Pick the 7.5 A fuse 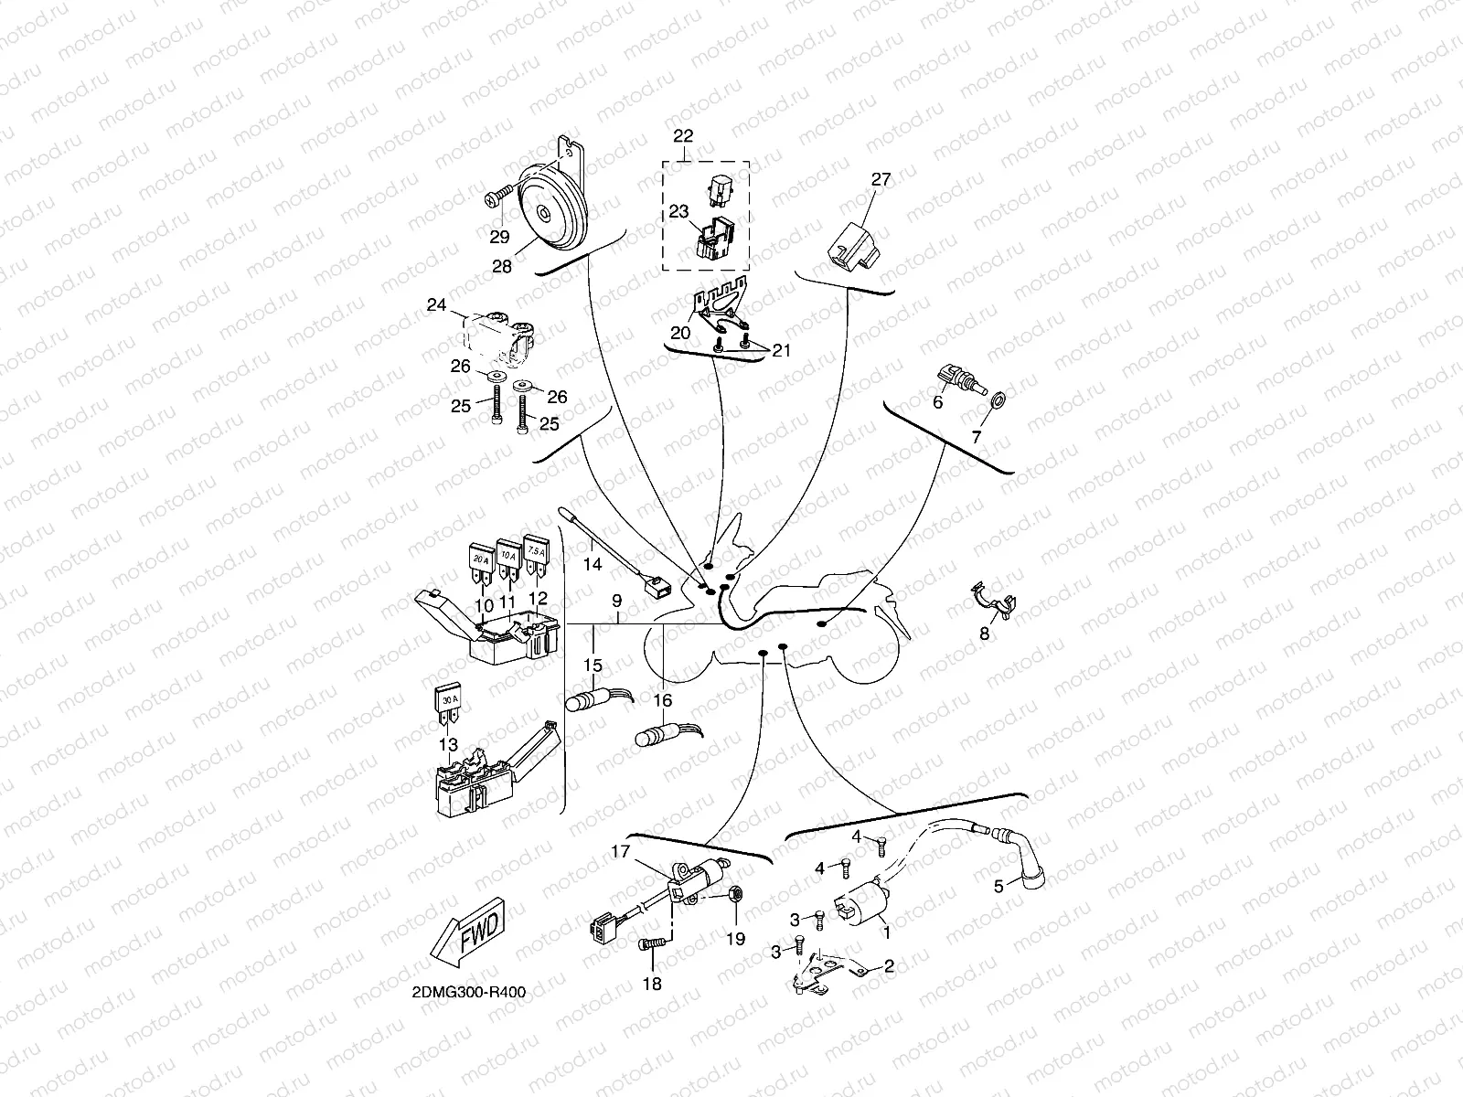click(x=536, y=556)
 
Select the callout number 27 click(x=880, y=179)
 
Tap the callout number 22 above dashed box click(x=683, y=136)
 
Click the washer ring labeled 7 click(x=998, y=399)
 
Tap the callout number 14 click(x=593, y=564)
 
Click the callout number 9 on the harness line click(x=617, y=601)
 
